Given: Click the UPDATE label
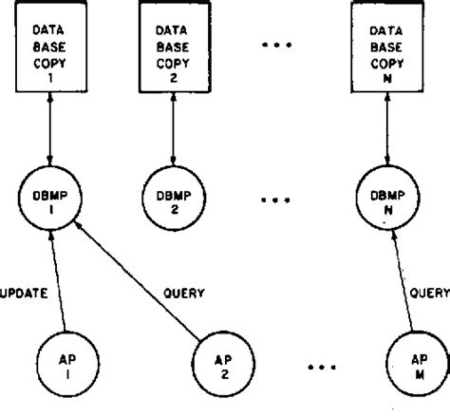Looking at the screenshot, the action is coord(24,294).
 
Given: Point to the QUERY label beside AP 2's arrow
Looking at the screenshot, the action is coord(184,294).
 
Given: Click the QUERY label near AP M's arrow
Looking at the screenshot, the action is coord(430,293).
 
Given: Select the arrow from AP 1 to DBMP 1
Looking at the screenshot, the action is coord(58,281).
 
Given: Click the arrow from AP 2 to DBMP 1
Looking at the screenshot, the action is coord(138,281).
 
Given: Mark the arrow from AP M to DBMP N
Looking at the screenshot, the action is coord(403,280).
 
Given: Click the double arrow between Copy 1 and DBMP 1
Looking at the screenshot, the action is coord(50,129).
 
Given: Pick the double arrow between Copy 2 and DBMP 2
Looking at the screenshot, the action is coord(173,129).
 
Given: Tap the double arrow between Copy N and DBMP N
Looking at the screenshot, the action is coord(387,129).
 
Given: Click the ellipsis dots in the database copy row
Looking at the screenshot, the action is coord(277,45).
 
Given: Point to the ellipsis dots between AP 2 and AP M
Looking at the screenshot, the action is coord(322,368).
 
